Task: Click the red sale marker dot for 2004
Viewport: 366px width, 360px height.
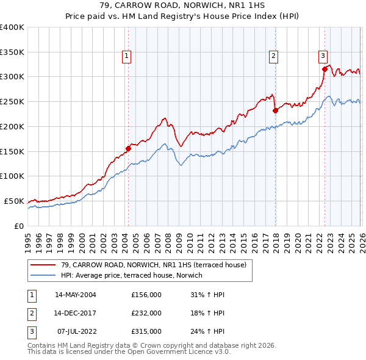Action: [128, 148]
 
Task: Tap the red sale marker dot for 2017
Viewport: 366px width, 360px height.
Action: [275, 110]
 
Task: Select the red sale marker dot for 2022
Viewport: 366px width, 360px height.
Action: [325, 69]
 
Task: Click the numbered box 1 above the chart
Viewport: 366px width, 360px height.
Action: [126, 56]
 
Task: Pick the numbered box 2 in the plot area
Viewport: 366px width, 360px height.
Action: [273, 56]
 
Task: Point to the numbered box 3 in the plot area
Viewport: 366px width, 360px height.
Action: [323, 56]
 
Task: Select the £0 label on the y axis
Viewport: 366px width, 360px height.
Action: [19, 226]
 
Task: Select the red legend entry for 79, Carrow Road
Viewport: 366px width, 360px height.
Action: [153, 265]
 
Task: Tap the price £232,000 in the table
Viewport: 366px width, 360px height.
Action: [146, 313]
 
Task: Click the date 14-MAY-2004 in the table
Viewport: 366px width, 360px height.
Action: [75, 295]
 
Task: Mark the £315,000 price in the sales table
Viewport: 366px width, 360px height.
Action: [146, 331]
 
